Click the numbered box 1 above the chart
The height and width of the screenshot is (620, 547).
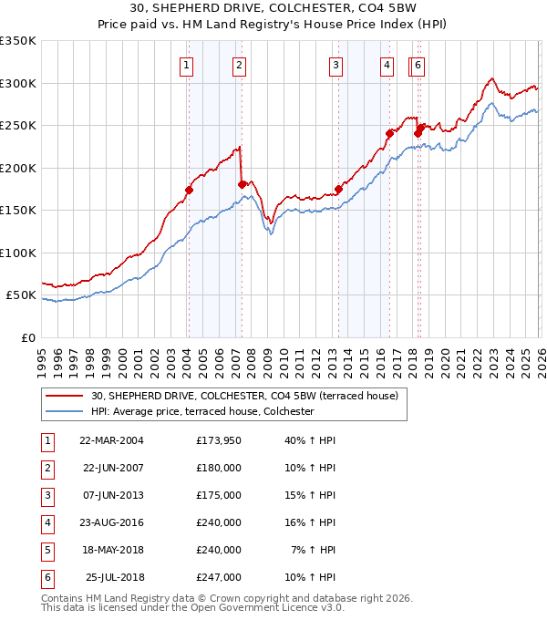186,65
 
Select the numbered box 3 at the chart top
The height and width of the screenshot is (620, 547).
335,65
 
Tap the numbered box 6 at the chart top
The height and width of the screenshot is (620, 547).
417,65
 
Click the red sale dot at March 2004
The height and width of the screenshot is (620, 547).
189,191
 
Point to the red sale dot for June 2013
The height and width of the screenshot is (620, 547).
338,190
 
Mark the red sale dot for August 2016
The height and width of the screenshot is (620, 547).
389,133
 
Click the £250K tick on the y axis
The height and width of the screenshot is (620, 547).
18,126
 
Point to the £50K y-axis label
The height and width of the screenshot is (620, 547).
20,295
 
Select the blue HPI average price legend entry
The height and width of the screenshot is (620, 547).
201,412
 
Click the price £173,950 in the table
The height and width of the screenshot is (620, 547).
219,439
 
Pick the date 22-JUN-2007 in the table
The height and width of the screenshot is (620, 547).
113,467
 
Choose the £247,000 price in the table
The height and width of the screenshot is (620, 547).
219,578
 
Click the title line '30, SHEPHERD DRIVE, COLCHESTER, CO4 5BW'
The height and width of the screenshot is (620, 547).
274,10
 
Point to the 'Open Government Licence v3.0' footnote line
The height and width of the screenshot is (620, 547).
192,607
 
